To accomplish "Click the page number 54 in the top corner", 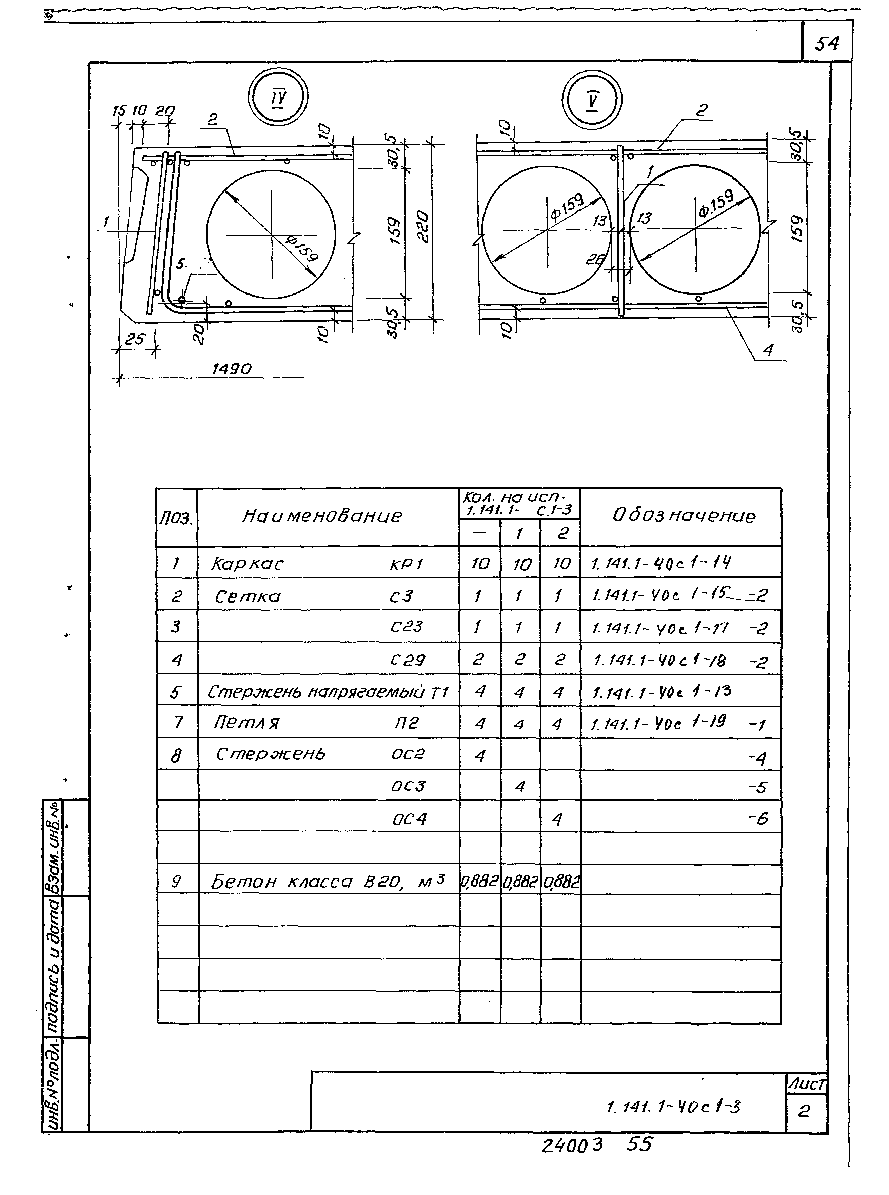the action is [827, 43].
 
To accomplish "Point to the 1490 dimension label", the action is [231, 369].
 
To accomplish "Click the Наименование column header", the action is [322, 516].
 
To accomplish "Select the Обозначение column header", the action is [684, 516].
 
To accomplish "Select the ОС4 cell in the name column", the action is [409, 819].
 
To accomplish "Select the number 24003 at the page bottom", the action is [572, 1146].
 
